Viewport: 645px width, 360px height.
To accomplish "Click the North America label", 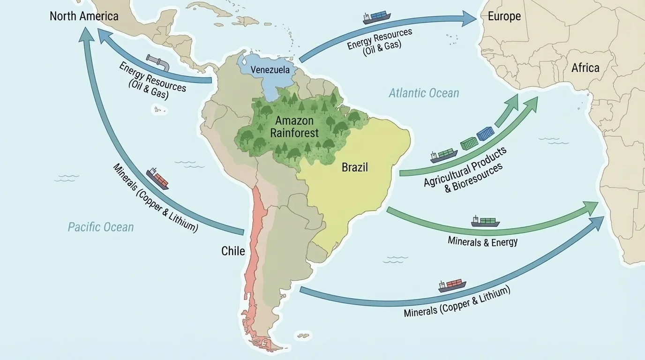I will coord(84,16).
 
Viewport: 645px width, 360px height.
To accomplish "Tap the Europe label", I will coord(504,16).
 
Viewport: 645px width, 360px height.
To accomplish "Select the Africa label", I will coord(585,68).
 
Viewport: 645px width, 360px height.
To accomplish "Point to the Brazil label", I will coord(354,167).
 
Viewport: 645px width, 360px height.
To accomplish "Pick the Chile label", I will coord(233,251).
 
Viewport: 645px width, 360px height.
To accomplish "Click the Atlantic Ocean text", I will coord(424,93).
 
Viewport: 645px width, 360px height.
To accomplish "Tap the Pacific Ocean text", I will coord(101,227).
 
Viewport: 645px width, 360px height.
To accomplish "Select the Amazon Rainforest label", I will coord(294,127).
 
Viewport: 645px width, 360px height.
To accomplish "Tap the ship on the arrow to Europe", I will coord(376,17).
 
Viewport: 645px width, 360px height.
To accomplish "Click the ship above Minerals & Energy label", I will coord(485,221).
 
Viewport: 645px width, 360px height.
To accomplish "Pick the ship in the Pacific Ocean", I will coord(157,179).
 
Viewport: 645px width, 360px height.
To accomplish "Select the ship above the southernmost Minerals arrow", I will coord(452,285).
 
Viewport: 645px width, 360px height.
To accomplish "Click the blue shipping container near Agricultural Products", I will coord(485,134).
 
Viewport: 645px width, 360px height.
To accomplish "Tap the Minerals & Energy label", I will coord(483,241).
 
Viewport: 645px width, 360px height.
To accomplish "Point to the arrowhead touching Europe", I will coord(469,18).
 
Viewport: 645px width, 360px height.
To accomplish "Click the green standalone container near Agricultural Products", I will coord(468,143).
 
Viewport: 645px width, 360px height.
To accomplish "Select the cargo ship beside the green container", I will coord(443,155).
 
